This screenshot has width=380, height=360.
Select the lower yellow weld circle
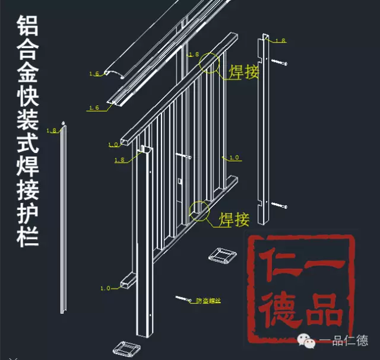199,211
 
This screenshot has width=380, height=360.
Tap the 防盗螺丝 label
208,301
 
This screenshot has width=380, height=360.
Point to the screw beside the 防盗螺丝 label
183,298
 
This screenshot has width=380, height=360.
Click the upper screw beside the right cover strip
280,62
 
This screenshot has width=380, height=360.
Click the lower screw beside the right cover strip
280,205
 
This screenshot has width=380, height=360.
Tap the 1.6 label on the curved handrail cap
94,74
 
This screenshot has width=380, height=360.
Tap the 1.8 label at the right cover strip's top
280,40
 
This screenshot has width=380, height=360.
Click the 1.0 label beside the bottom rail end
105,288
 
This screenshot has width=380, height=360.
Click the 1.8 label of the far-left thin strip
51,130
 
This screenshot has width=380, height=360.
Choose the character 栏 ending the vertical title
25,236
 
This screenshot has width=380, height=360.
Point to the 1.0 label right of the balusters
234,158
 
